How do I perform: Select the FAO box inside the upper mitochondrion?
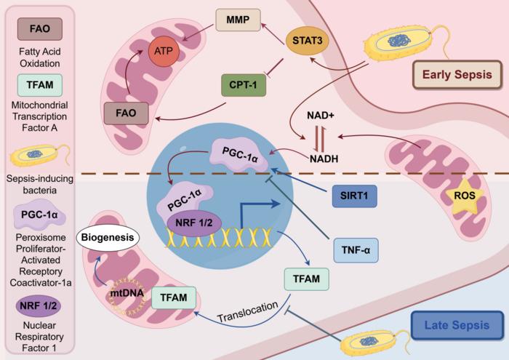click(125, 113)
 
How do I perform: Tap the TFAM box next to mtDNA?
click(175, 297)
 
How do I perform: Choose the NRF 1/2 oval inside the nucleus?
click(194, 223)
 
